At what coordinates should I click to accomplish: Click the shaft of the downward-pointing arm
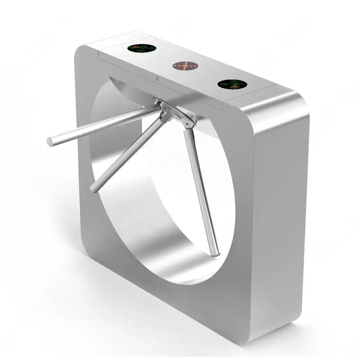200,189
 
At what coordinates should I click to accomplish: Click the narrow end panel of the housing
279,216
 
